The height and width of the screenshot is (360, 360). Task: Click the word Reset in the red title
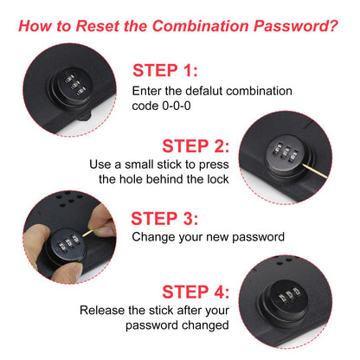click(97, 26)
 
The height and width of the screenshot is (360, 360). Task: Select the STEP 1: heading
click(165, 70)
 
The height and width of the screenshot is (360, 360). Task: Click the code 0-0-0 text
click(161, 106)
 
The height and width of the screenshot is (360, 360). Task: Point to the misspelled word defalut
click(204, 91)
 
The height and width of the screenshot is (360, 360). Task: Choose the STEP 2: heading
click(196, 146)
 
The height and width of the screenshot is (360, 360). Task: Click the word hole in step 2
click(132, 179)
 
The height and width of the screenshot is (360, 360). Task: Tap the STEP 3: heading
click(164, 218)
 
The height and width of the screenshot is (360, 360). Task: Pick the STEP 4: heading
click(196, 292)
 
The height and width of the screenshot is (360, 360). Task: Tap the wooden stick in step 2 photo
click(315, 170)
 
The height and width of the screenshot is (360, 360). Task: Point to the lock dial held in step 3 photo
click(67, 245)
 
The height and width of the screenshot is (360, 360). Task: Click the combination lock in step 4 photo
click(286, 300)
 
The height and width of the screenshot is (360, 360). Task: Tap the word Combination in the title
click(200, 26)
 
